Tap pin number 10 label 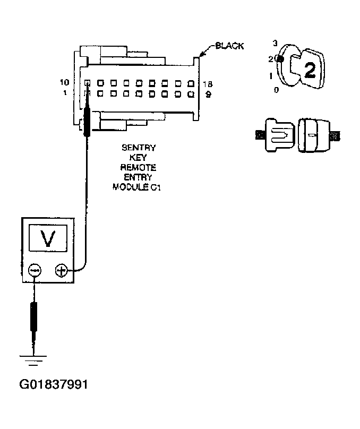point(64,83)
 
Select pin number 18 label point(208,84)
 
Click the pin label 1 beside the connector point(64,93)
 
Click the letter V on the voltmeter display point(49,240)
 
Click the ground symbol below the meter point(34,361)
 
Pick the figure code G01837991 point(54,384)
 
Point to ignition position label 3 point(275,43)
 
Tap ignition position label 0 point(276,90)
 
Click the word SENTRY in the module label point(139,148)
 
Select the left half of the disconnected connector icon point(277,135)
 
